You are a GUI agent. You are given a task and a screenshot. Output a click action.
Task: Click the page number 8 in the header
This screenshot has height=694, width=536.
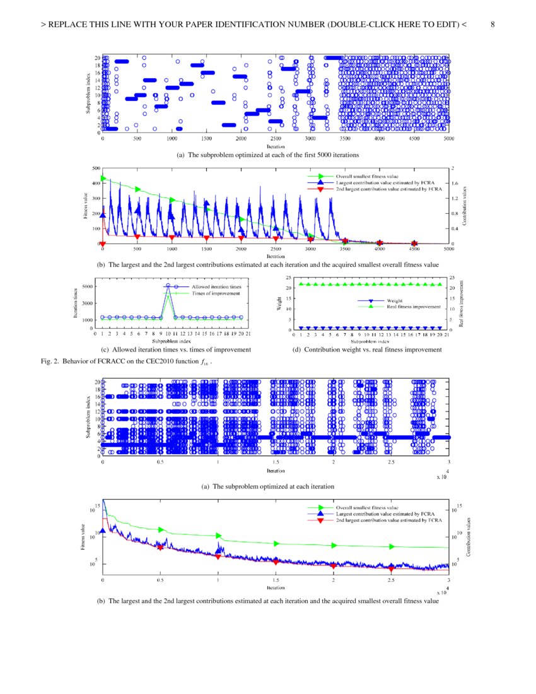(492, 25)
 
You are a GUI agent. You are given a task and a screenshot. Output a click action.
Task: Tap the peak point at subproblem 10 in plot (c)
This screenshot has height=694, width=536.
(168, 286)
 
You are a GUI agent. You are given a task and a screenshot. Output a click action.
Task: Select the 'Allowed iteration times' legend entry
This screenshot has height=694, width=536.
(216, 286)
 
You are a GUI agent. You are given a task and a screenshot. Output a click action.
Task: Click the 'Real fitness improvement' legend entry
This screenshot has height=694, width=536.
(414, 306)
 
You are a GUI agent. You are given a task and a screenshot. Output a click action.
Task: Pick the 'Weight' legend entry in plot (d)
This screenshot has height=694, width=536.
(395, 300)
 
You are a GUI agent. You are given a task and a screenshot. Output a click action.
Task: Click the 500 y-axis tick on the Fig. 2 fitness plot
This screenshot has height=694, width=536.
(96, 168)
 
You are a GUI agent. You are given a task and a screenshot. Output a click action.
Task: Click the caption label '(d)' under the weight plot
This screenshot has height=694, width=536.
(297, 349)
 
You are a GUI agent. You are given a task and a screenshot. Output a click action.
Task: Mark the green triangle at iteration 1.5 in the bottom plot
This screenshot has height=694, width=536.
(276, 543)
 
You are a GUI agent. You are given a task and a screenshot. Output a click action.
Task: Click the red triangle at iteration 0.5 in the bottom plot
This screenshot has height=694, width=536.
(161, 548)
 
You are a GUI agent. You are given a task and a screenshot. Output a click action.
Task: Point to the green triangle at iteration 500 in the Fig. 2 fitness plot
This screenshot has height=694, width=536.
(137, 189)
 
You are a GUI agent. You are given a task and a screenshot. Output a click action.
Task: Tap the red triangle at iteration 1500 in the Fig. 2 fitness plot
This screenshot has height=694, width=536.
(207, 238)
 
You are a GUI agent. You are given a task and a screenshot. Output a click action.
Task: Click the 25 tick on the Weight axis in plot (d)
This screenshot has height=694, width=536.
(288, 278)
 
